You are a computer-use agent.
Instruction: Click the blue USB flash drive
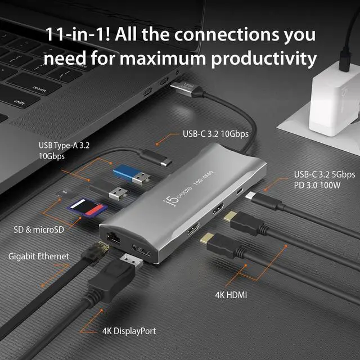click(x=132, y=175)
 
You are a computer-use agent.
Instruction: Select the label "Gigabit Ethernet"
click(x=38, y=256)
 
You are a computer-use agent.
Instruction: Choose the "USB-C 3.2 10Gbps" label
click(x=215, y=134)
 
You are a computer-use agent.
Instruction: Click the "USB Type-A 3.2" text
click(x=64, y=146)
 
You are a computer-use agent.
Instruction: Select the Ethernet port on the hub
click(x=110, y=236)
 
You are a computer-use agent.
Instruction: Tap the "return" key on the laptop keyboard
click(x=39, y=88)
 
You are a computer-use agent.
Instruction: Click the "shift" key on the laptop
click(x=19, y=102)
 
